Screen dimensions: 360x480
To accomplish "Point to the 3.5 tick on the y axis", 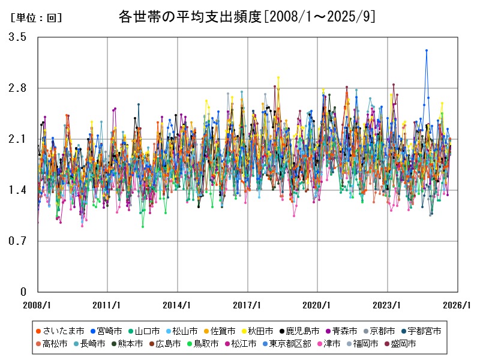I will [x=17, y=37].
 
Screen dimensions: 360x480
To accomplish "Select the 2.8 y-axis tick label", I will [x=17, y=88].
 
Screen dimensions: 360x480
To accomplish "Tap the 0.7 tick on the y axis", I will [x=17, y=241].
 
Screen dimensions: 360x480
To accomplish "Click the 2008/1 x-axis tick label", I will [x=38, y=305].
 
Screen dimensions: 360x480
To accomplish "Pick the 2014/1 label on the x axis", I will [x=178, y=305].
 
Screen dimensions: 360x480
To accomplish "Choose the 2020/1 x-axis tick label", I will [x=317, y=305].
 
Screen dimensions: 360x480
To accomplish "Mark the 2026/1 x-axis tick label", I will [x=457, y=305].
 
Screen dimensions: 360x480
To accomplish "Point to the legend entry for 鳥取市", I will [x=202, y=344].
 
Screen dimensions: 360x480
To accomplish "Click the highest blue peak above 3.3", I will [x=427, y=50].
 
